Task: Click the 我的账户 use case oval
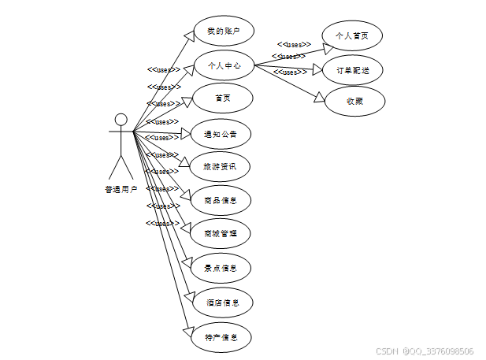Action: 223,32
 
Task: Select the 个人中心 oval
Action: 223,65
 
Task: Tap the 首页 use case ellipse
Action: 223,98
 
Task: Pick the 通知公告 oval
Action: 223,133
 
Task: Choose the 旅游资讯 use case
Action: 223,166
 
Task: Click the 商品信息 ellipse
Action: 223,200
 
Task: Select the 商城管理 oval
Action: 223,234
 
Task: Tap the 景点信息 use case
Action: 223,268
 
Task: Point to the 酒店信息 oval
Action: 223,302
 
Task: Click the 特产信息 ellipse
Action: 223,337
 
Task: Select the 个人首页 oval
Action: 353,35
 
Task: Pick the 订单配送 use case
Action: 353,69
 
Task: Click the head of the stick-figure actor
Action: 121,120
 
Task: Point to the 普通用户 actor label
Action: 121,189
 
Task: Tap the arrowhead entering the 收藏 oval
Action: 320,98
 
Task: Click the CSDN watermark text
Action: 425,351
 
